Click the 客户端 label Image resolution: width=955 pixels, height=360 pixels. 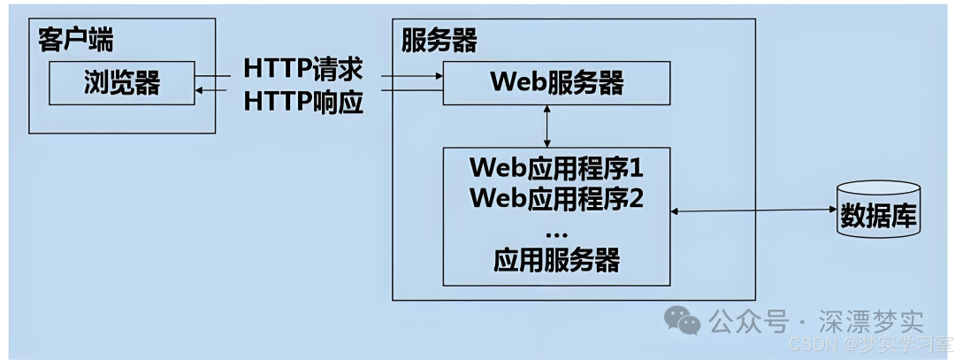pyautogui.click(x=76, y=40)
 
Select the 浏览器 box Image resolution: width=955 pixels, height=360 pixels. pyautogui.click(x=122, y=82)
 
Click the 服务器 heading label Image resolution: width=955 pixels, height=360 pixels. pyautogui.click(x=439, y=40)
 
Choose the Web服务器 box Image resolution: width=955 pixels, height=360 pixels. pyautogui.click(x=557, y=83)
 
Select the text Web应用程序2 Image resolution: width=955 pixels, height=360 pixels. pyautogui.click(x=556, y=197)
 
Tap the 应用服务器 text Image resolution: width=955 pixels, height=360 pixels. pyautogui.click(x=556, y=260)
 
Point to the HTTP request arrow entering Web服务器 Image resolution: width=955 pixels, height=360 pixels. pyautogui.click(x=412, y=77)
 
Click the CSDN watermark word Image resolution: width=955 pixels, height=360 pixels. pyautogui.click(x=808, y=343)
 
